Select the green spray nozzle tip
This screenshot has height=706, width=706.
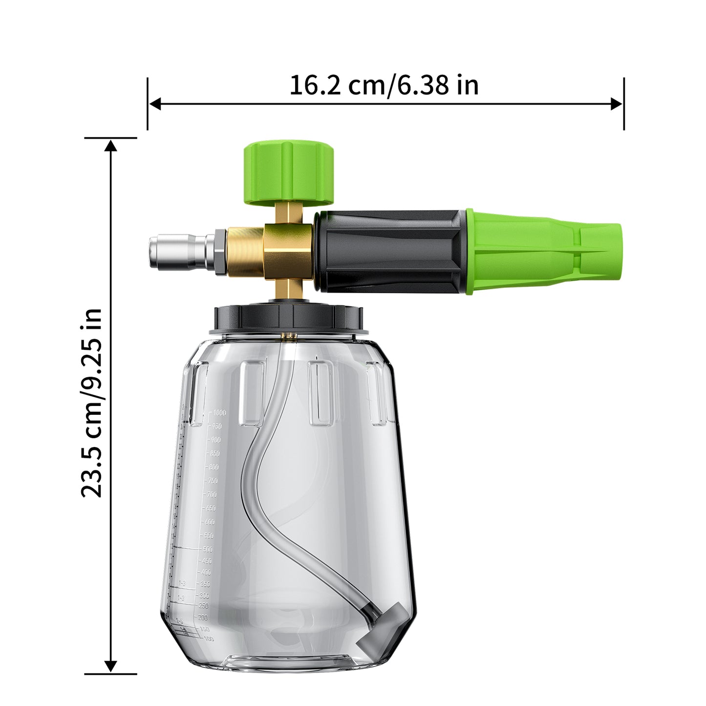542,252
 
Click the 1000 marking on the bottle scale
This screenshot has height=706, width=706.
219,413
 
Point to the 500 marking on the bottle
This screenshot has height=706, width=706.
208,549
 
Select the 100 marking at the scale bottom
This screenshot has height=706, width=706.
209,639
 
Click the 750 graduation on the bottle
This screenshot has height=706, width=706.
213,481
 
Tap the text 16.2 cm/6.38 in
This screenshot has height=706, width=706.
384,85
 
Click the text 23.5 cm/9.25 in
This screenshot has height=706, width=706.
92,403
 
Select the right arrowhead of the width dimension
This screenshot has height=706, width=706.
617,104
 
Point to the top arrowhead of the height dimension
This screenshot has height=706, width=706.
111,146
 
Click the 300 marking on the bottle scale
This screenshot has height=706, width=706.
204,596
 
